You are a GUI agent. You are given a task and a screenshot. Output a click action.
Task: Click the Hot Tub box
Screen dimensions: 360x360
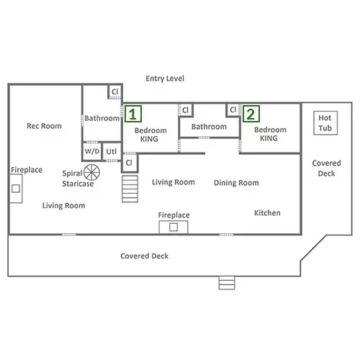(325, 123)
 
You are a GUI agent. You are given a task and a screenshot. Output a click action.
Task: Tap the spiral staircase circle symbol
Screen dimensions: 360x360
(91, 172)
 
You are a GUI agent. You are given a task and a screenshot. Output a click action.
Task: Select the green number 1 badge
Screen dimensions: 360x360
(133, 114)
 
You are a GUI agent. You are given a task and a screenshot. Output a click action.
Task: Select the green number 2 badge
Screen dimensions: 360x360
(251, 114)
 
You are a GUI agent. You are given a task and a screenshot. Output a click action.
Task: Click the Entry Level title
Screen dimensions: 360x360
(165, 78)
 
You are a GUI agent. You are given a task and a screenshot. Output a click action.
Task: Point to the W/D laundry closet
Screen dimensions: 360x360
(92, 151)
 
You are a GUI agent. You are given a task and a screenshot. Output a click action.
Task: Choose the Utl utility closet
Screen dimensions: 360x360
(112, 151)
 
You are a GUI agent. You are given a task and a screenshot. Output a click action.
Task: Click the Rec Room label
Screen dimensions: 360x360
(44, 126)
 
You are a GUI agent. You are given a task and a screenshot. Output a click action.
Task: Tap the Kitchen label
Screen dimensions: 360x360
(267, 213)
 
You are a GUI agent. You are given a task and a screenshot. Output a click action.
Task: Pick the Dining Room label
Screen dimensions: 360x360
(236, 183)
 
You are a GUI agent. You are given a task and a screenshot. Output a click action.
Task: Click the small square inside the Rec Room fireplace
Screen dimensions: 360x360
(16, 189)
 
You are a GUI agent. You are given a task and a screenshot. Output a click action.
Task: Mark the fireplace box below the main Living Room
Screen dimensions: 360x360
(174, 227)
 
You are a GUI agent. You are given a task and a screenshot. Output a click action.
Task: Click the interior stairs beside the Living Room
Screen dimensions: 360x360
(130, 189)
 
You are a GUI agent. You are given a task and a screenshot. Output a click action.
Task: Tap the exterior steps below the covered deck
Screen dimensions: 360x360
(227, 283)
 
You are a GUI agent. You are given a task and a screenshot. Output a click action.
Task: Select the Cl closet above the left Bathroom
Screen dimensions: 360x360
(115, 91)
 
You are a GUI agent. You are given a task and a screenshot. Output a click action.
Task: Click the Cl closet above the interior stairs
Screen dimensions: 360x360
(130, 163)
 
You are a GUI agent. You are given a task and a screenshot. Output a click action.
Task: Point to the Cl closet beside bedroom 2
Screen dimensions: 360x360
(233, 110)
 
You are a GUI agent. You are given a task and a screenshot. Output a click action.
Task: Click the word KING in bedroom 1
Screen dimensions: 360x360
(149, 139)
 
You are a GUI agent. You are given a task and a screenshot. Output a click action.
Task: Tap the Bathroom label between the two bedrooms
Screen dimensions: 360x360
(209, 127)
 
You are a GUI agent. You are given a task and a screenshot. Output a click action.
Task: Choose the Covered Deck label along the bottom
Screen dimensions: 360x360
(144, 256)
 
